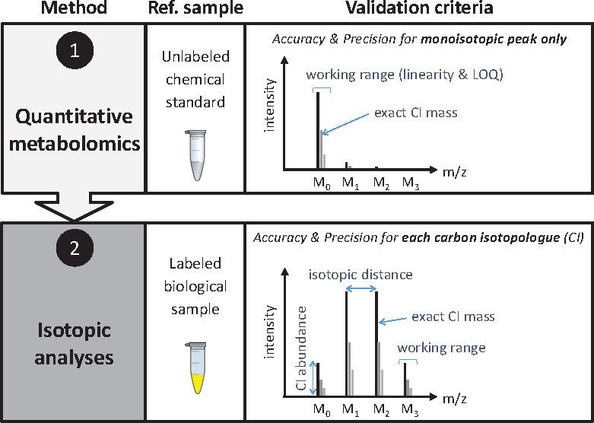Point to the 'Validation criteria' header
[x=419, y=9]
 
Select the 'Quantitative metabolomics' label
[x=72, y=129]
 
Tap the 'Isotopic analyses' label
[x=72, y=343]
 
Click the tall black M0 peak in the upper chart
[x=318, y=129]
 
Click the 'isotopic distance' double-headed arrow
[x=361, y=288]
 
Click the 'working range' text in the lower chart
[x=441, y=348]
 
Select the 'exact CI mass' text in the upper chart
[x=415, y=114]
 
